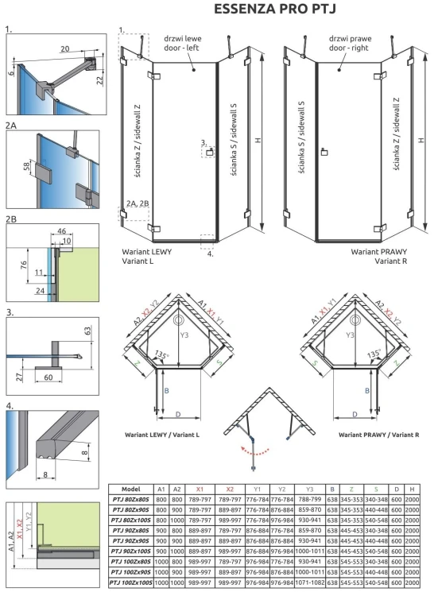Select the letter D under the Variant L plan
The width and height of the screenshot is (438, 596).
point(176,415)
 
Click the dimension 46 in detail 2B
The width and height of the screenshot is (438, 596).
point(63,231)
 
